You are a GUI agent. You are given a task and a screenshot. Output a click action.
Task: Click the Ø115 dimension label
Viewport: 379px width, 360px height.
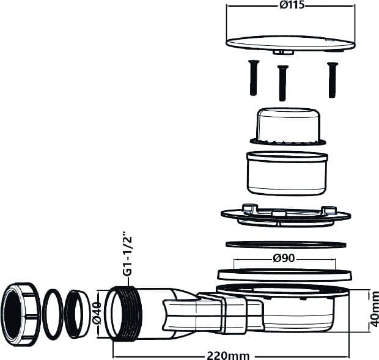pyautogui.click(x=292, y=5)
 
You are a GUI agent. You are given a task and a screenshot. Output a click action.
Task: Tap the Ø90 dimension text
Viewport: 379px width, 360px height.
pyautogui.click(x=284, y=259)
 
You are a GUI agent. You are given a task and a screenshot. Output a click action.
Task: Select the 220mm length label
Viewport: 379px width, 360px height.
pyautogui.click(x=228, y=356)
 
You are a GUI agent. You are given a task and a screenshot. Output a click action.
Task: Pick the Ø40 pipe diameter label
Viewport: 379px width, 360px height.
pyautogui.click(x=97, y=314)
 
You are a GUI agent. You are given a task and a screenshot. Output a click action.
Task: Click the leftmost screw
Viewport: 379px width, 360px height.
pyautogui.click(x=253, y=78)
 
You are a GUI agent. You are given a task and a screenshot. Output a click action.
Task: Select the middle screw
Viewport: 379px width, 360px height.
pyautogui.click(x=282, y=83)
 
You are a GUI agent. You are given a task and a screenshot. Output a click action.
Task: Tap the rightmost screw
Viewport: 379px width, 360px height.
pyautogui.click(x=333, y=80)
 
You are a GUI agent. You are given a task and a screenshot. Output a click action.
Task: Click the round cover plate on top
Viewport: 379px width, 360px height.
pyautogui.click(x=290, y=44)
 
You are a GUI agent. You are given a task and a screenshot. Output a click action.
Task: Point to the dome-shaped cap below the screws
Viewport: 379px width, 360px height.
pyautogui.click(x=288, y=127)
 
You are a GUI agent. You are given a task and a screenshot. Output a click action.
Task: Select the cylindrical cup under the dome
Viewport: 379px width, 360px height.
pyautogui.click(x=287, y=173)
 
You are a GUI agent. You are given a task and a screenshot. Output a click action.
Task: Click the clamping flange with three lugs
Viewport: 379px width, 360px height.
pyautogui.click(x=285, y=216)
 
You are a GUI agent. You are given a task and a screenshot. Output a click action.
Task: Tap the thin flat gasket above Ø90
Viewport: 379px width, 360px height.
pyautogui.click(x=285, y=244)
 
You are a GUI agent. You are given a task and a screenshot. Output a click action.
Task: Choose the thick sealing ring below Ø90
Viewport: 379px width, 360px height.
pyautogui.click(x=284, y=274)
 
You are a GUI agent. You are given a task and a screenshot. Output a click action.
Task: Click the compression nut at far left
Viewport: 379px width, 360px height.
pyautogui.click(x=21, y=314)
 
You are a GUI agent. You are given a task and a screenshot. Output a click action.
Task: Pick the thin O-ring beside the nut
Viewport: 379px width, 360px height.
pyautogui.click(x=53, y=314)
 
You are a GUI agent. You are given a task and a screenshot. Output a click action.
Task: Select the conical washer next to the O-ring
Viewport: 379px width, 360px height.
pyautogui.click(x=77, y=314)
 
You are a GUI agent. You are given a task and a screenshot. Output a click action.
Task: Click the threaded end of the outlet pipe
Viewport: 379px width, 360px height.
pyautogui.click(x=124, y=314)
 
